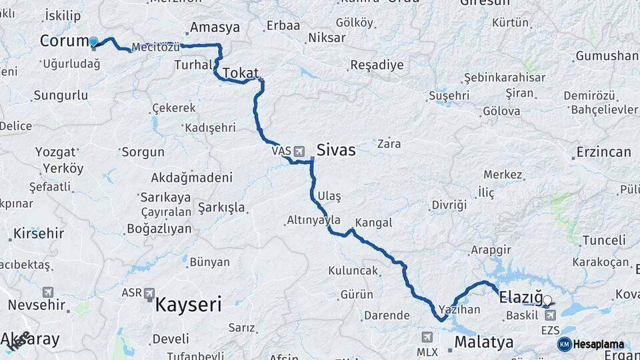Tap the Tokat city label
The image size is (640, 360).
(x=241, y=73)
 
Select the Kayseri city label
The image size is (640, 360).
(x=188, y=305)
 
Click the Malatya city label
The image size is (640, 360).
(x=484, y=343)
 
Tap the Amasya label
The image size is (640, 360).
(x=215, y=27)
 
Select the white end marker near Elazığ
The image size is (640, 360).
(x=547, y=301)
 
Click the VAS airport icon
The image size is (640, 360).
(x=298, y=151)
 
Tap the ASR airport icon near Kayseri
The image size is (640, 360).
(x=149, y=293)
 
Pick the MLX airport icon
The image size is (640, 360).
(x=427, y=337)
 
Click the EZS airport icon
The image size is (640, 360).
(x=550, y=315)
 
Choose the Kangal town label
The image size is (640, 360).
(x=373, y=223)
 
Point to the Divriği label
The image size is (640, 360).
(x=449, y=205)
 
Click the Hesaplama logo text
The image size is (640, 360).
(x=599, y=345)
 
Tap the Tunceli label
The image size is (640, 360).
(x=604, y=240)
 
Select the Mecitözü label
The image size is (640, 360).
(x=156, y=47)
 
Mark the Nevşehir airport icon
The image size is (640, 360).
(x=48, y=292)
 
